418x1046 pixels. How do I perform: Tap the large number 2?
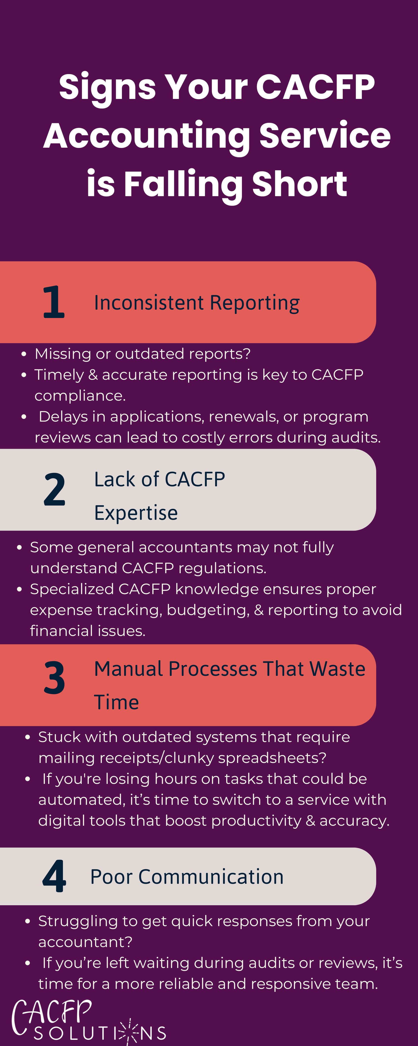(x=54, y=490)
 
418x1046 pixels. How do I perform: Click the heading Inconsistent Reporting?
(x=197, y=303)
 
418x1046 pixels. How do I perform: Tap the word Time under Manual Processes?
(x=117, y=702)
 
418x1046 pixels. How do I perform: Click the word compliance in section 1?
(x=80, y=396)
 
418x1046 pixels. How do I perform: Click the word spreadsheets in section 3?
(x=270, y=758)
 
